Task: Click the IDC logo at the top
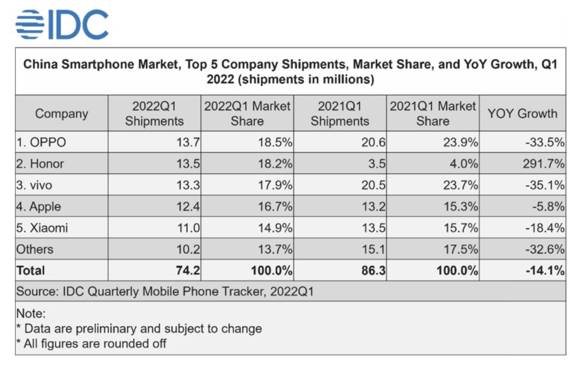[x=62, y=24]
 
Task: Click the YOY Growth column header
[x=522, y=114]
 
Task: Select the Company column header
[x=62, y=114]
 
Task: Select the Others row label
[x=35, y=249]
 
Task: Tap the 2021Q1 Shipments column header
[x=340, y=114]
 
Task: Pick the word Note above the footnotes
[x=31, y=313]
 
